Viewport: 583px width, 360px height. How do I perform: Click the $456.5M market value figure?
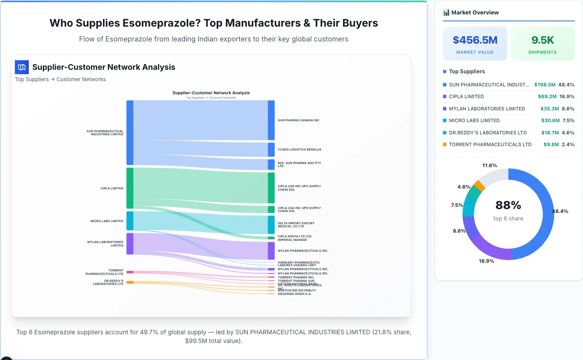[x=475, y=40]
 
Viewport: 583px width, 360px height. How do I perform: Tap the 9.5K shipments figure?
[x=542, y=40]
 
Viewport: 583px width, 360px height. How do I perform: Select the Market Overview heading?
[x=475, y=13]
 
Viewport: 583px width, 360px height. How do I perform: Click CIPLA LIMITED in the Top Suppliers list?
[x=466, y=96]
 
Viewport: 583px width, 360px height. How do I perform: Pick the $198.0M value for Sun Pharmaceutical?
[x=545, y=85]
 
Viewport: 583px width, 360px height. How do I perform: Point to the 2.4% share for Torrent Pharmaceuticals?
[x=568, y=144]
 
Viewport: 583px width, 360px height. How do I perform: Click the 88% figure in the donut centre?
[x=508, y=205]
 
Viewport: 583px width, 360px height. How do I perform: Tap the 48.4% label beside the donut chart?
[x=560, y=211]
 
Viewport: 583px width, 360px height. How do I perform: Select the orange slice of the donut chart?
[x=479, y=185]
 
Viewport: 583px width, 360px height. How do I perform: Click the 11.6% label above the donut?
[x=490, y=166]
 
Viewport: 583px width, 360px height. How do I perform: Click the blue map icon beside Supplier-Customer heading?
[x=22, y=67]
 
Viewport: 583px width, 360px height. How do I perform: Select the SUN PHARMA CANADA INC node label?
[x=298, y=120]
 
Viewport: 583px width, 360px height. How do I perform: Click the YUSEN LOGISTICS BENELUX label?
[x=299, y=150]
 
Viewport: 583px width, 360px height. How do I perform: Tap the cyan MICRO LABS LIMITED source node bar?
[x=130, y=221]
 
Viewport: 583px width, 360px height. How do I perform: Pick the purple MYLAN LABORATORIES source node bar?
[x=130, y=243]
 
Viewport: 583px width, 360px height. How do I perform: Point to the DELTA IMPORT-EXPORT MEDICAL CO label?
[x=296, y=225]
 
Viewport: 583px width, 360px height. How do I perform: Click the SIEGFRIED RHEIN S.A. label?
[x=295, y=294]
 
